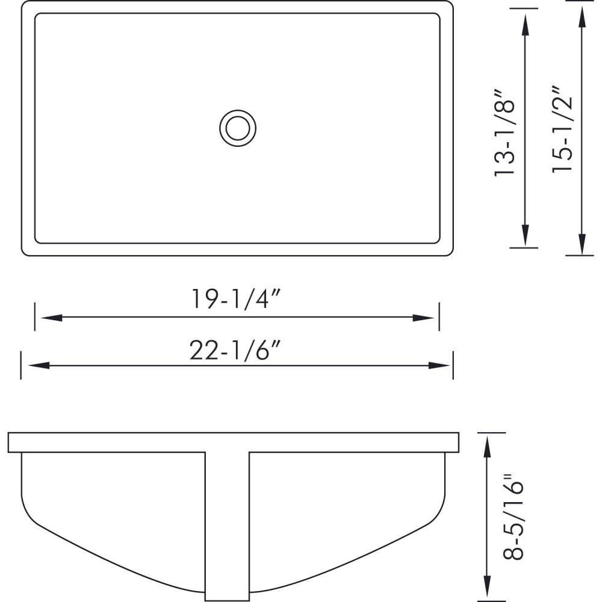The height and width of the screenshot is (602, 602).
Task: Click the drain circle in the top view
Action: click(x=238, y=128)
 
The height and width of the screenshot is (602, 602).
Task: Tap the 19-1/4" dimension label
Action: click(x=237, y=299)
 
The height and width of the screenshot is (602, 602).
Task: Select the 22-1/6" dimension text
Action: click(x=237, y=349)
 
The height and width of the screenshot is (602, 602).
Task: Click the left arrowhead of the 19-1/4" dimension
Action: click(x=45, y=318)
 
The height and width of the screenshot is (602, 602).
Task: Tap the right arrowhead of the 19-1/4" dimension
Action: click(x=429, y=318)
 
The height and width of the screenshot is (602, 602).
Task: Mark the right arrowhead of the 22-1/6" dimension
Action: click(x=443, y=365)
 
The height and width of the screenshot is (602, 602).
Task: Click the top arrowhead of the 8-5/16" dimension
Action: click(x=486, y=443)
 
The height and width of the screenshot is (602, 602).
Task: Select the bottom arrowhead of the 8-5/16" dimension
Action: click(x=486, y=590)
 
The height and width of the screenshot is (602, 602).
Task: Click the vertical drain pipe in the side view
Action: click(x=227, y=524)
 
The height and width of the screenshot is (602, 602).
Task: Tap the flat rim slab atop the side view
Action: click(x=234, y=442)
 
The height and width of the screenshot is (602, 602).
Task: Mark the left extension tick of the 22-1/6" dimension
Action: click(x=21, y=365)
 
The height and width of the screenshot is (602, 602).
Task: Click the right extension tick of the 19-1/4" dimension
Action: click(x=439, y=317)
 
